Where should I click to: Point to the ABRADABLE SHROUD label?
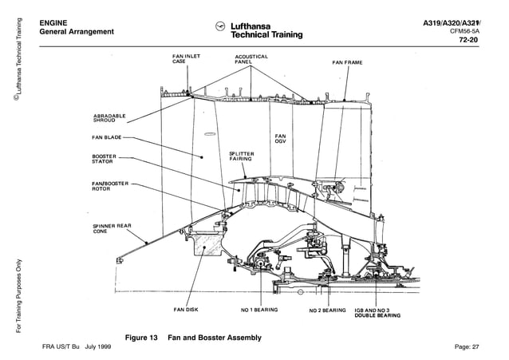[x=110, y=117]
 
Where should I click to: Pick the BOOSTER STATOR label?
[x=105, y=158]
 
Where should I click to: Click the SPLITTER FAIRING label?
[x=242, y=156]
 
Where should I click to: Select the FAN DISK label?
[x=187, y=310]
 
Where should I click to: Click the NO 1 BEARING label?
[x=259, y=310]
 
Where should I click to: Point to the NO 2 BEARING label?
[x=327, y=310]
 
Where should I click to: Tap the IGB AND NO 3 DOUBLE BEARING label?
[x=377, y=312]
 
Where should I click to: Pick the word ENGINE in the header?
[x=53, y=22]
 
